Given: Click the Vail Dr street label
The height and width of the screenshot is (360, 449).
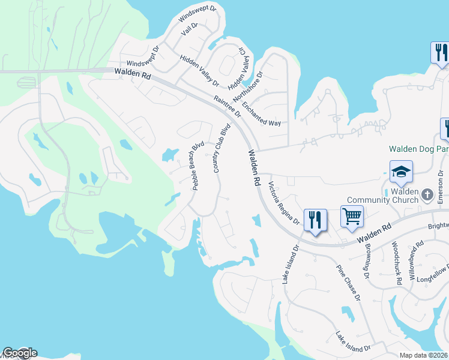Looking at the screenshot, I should [189, 29].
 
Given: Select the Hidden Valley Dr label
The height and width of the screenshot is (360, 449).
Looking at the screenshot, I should [199, 71].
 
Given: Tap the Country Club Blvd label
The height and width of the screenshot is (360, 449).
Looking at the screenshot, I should [222, 149].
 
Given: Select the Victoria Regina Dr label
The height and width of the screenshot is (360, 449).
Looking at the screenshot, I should [284, 204].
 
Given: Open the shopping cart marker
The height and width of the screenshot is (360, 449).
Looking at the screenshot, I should [352, 216].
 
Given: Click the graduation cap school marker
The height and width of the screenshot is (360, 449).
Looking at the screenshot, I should [401, 173].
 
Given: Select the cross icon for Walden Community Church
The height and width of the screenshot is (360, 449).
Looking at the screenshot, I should [427, 194].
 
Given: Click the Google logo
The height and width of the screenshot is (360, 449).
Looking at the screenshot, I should [20, 353].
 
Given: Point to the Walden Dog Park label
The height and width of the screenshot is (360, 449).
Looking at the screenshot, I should [418, 149].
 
